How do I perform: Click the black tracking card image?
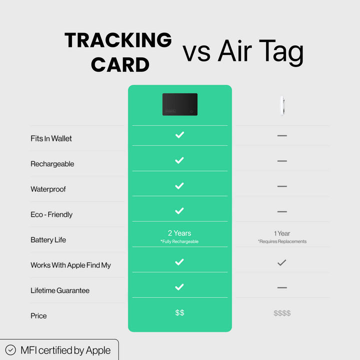tap(180, 104)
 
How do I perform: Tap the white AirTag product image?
tap(282, 105)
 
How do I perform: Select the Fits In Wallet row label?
tap(51, 138)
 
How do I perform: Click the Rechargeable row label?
tap(52, 164)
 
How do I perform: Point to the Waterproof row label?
tap(48, 189)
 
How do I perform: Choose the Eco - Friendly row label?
tap(51, 214)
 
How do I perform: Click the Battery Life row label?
tap(48, 240)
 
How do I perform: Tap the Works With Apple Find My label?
tap(70, 265)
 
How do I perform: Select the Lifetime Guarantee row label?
tap(60, 290)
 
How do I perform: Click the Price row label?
tap(38, 316)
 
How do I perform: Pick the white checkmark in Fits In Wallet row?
tap(179, 135)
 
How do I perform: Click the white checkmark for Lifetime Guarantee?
tap(179, 287)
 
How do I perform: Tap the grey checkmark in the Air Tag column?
tap(282, 262)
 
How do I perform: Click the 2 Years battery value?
tap(179, 233)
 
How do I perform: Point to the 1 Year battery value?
tap(282, 233)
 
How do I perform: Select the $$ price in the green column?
tap(180, 312)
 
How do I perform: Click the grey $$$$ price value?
tap(282, 313)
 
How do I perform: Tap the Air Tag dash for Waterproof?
tap(282, 186)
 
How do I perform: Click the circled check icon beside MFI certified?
tap(10, 350)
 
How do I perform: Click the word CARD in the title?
tap(120, 64)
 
